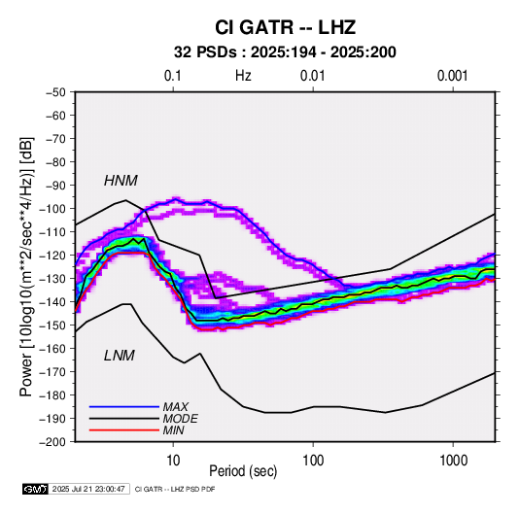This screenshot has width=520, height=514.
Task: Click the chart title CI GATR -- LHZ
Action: click(x=285, y=27)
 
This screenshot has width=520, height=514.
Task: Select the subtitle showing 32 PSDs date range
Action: click(x=285, y=52)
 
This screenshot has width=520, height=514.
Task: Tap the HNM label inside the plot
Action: click(x=121, y=181)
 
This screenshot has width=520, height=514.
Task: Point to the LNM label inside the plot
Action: click(x=120, y=356)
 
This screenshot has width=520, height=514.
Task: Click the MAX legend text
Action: click(x=176, y=406)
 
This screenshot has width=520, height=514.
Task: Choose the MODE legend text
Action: click(x=181, y=419)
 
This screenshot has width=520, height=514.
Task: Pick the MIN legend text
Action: click(x=173, y=430)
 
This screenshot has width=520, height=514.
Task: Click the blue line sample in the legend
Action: click(x=124, y=406)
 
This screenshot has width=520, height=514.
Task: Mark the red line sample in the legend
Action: click(x=124, y=430)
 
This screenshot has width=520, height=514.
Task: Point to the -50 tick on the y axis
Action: click(x=55, y=92)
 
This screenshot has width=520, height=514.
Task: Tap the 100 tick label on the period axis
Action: click(x=313, y=461)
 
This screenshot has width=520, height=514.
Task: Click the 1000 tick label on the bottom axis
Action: click(x=453, y=461)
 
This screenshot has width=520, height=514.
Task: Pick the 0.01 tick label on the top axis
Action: click(x=312, y=76)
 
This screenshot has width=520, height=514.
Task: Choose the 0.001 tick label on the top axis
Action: click(x=452, y=76)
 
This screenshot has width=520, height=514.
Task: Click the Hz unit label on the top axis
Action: click(x=243, y=76)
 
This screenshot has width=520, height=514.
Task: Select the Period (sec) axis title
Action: click(x=243, y=471)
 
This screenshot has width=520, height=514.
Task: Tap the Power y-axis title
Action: click(x=26, y=267)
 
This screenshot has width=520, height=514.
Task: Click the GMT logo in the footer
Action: click(x=36, y=489)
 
